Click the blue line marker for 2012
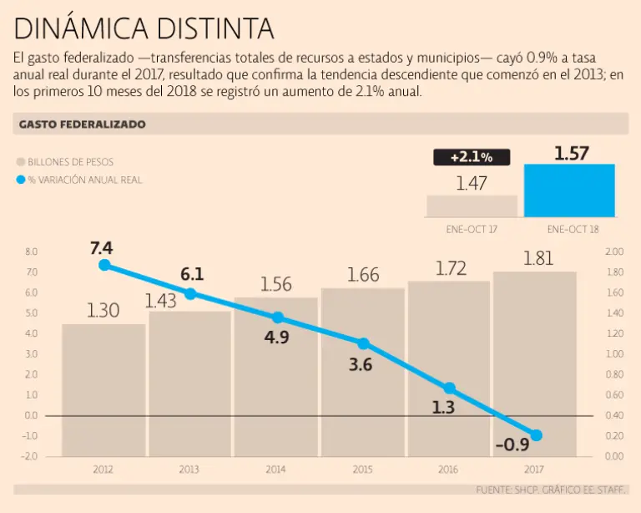click(104, 265)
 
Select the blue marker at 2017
click(536, 435)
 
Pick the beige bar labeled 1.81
click(535, 359)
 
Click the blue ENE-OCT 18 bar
click(569, 191)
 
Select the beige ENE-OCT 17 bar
click(472, 206)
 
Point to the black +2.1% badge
click(472, 157)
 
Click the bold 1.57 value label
click(572, 153)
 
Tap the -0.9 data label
click(511, 444)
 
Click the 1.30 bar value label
click(103, 311)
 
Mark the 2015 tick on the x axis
click(362, 470)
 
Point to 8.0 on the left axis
click(32, 251)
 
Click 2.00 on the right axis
click(614, 251)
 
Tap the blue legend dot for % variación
click(21, 180)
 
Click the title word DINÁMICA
click(81, 30)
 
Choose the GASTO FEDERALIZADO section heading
click(82, 124)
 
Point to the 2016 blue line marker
click(449, 389)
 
